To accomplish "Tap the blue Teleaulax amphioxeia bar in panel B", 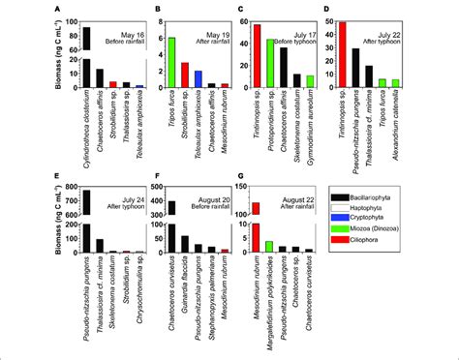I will [x=198, y=79].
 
